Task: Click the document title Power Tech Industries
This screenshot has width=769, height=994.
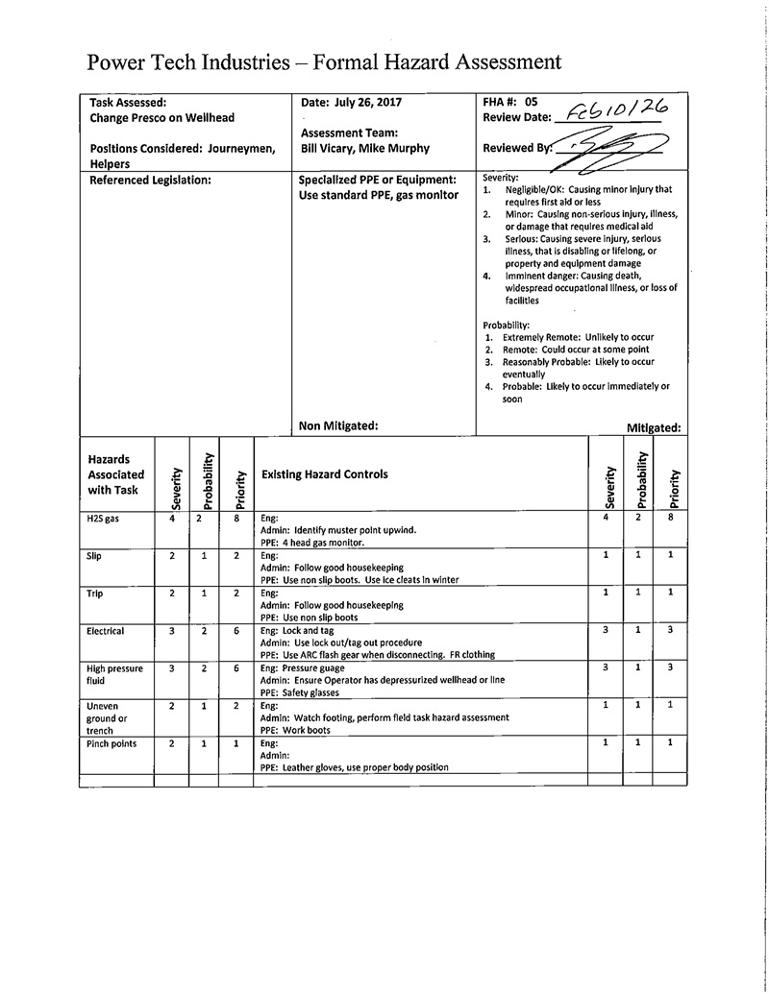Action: pos(323,62)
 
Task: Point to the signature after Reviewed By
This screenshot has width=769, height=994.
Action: pos(615,149)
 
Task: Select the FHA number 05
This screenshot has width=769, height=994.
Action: pos(531,101)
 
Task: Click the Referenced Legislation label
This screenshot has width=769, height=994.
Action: pos(150,180)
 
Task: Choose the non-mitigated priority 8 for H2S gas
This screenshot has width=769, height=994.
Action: pos(236,518)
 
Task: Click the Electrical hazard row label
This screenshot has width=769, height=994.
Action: pos(106,632)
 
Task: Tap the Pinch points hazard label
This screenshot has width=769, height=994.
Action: pos(112,744)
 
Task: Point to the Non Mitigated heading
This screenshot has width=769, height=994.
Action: pos(339,425)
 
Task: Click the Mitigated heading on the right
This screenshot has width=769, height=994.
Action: pos(654,428)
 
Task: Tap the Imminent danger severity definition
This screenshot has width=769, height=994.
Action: pos(583,288)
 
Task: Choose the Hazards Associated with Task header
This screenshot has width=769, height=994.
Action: pos(115,474)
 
